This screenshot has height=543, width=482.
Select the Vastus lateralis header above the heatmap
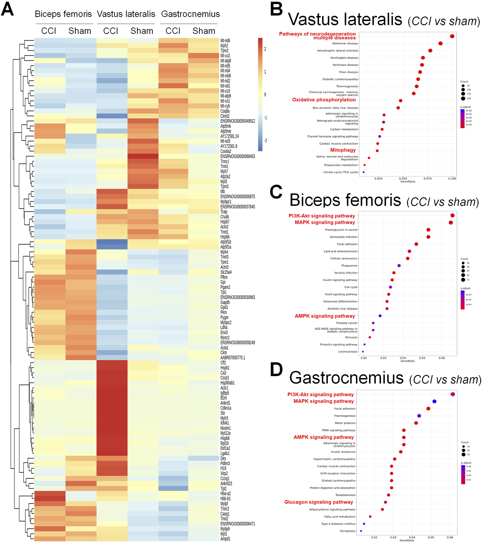(126, 14)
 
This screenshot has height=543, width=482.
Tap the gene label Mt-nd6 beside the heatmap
(225, 41)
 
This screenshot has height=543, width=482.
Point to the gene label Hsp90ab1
(227, 383)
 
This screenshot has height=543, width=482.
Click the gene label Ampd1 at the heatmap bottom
(225, 539)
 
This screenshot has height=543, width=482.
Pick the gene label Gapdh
(225, 302)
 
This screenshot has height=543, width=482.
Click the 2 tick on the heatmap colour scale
(265, 49)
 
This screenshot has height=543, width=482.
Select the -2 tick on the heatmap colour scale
(265, 140)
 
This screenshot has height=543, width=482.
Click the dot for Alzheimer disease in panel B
(440, 44)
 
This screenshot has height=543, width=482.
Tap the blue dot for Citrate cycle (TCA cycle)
(364, 172)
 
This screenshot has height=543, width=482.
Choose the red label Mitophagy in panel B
(343, 150)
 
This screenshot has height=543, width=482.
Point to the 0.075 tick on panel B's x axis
(428, 178)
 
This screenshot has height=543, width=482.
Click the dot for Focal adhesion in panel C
(416, 244)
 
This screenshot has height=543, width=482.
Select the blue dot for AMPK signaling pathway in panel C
(380, 316)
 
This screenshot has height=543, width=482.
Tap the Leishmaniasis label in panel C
(348, 352)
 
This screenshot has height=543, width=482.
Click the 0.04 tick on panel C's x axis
(403, 358)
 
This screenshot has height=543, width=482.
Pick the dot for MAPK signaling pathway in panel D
(434, 401)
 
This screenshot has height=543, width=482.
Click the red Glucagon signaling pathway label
(319, 502)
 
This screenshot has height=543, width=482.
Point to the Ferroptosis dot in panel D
(361, 531)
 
